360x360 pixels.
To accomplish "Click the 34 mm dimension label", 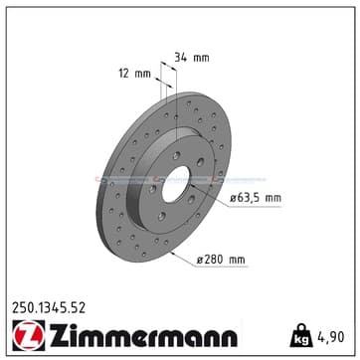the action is tap(192, 58).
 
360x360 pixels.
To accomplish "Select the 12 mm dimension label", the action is tap(135, 74).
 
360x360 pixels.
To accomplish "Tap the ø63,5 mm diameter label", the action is tap(256, 198).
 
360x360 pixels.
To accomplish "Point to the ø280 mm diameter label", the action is tap(221, 260).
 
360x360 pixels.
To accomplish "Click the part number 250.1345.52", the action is tap(49, 308).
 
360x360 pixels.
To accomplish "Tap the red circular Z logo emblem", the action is tap(29, 335).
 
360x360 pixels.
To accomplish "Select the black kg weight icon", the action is tap(301, 335).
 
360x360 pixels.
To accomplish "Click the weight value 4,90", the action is tap(331, 337).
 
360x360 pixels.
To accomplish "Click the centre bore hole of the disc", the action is tap(176, 184).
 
